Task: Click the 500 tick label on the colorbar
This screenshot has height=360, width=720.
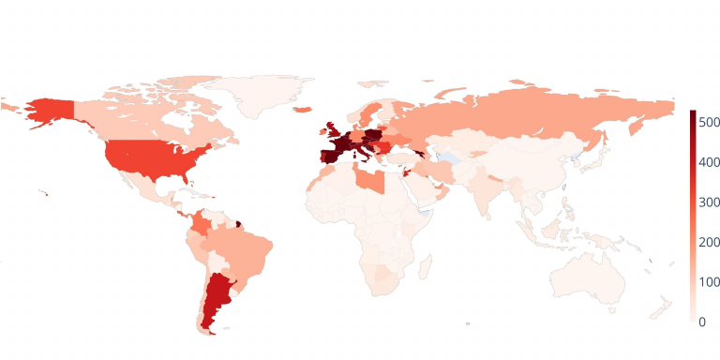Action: pos(708,123)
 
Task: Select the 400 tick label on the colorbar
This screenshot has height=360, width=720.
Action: pos(708,162)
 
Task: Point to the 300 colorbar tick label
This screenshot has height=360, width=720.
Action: pos(708,202)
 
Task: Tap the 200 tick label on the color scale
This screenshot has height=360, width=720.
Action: pos(708,242)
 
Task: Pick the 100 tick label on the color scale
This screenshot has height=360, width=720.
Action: pos(708,282)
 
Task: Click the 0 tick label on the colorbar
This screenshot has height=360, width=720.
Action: pos(702,322)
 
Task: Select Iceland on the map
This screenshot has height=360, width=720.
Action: pos(304,110)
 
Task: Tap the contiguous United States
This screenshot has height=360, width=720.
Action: pos(150,159)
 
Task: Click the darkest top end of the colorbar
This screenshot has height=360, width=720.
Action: pos(693,113)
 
